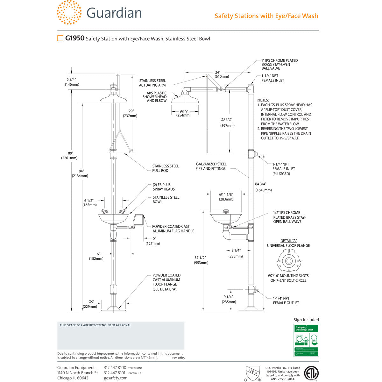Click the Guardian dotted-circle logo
(x=69, y=13)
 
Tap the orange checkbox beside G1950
(x=60, y=39)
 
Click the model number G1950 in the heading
(x=75, y=39)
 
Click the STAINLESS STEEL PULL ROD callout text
(x=166, y=168)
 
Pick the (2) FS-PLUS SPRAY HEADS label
(x=164, y=187)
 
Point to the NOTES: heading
(x=263, y=100)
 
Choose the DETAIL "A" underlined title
(x=288, y=241)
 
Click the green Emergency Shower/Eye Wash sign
(x=306, y=340)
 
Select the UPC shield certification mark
(x=253, y=372)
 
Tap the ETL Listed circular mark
(x=311, y=373)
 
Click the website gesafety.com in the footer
(x=116, y=378)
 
